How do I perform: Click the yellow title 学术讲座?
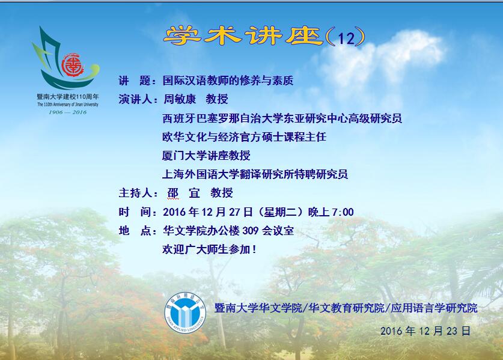tap(243, 35)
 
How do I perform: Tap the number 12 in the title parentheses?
tap(346, 38)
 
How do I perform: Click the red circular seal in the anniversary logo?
tap(73, 65)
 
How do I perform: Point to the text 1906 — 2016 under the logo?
tap(67, 112)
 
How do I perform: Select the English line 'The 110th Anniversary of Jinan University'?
tap(68, 105)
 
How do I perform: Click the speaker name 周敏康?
tap(180, 99)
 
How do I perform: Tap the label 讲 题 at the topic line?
tap(135, 81)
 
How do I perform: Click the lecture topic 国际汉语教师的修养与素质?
tap(228, 81)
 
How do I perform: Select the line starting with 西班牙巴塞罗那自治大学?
tap(282, 118)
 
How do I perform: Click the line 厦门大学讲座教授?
tap(206, 156)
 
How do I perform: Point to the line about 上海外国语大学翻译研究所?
tap(255, 174)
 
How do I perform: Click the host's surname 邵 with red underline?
tap(173, 193)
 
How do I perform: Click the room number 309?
tap(250, 230)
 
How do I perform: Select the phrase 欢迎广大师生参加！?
tap(210, 249)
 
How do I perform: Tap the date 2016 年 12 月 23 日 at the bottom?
tap(425, 331)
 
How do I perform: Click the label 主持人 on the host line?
tap(135, 193)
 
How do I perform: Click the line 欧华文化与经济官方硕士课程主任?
tap(244, 137)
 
